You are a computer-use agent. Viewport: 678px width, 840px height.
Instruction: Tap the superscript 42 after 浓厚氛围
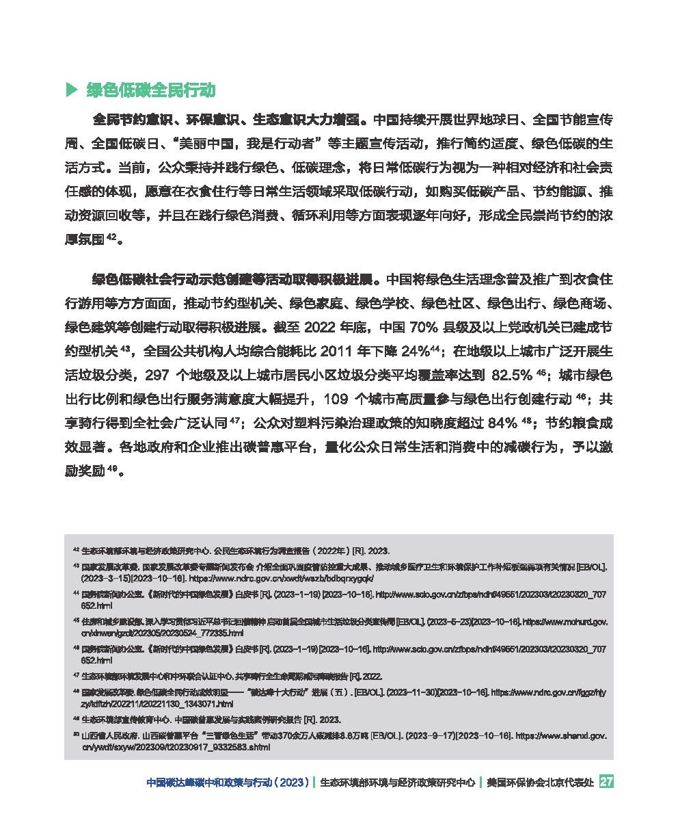113,237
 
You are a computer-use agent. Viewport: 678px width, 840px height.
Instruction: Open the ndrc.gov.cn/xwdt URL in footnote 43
259,577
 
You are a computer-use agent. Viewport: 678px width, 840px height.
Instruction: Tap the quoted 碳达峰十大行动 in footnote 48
285,692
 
